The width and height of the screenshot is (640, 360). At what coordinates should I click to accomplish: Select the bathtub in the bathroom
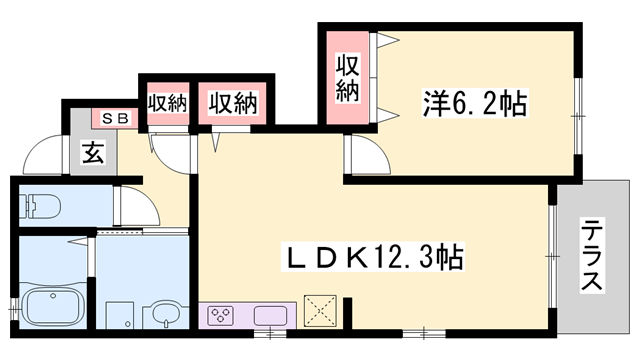point(54,306)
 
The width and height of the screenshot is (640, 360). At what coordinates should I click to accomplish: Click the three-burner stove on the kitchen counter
point(221,316)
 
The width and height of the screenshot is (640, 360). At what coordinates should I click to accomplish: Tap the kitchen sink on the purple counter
point(271,316)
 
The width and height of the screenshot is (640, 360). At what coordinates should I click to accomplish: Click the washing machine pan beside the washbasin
point(120,314)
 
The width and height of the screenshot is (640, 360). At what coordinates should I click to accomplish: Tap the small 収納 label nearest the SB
point(168,102)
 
